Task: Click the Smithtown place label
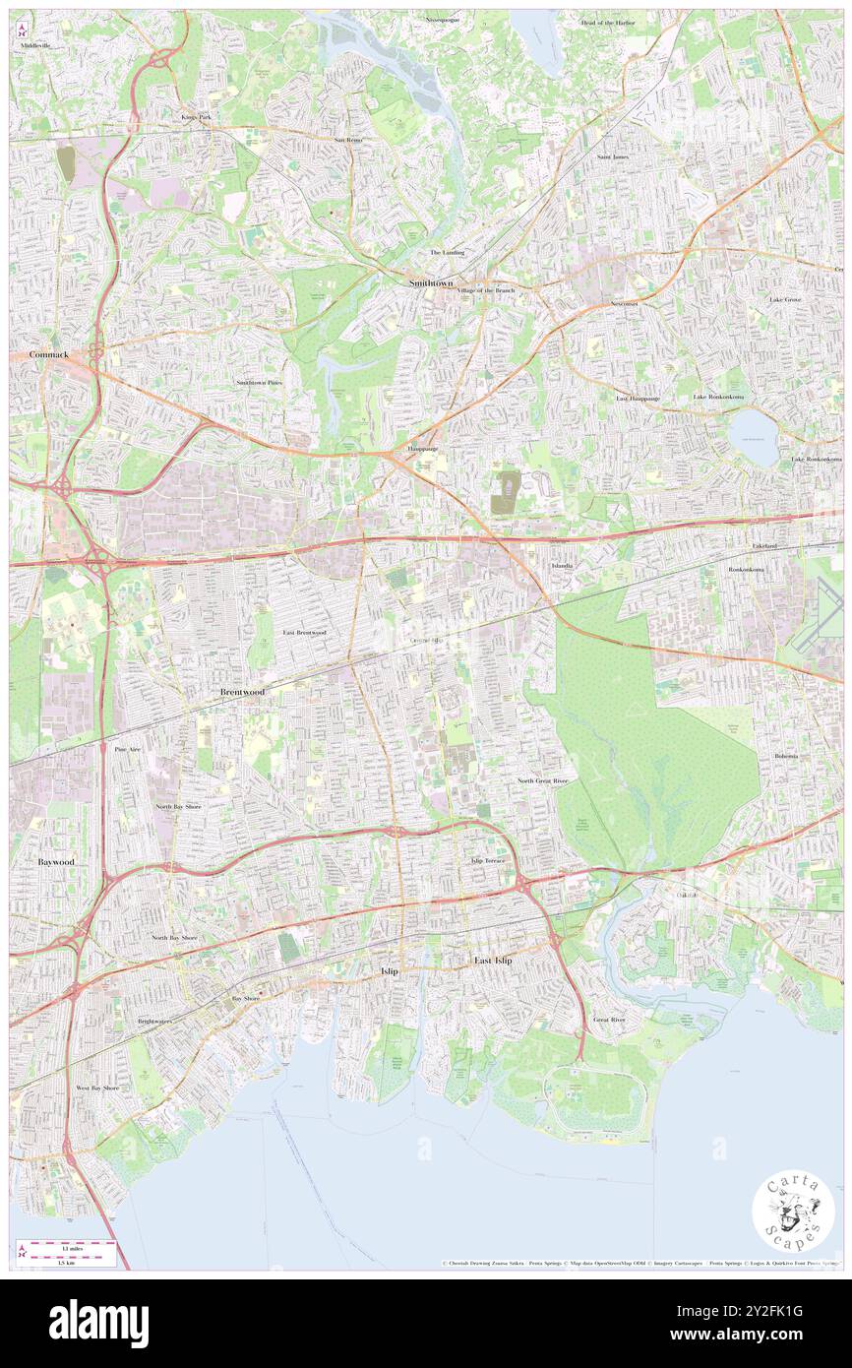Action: [x=432, y=283]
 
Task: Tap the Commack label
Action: [x=48, y=354]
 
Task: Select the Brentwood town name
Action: [x=241, y=693]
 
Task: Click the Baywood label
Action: [x=56, y=861]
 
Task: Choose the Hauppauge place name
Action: [x=423, y=448]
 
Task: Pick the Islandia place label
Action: [x=562, y=567]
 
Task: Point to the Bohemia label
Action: [x=785, y=756]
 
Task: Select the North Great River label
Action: [x=543, y=780]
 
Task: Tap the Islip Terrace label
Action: [x=487, y=861]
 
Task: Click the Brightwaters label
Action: [x=154, y=1021]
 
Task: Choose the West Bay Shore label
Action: [x=97, y=1088]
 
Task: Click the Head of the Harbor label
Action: [x=609, y=22]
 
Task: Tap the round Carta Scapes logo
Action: [x=793, y=1211]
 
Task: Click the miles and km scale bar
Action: [x=66, y=1253]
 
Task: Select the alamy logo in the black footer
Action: [x=98, y=1324]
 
